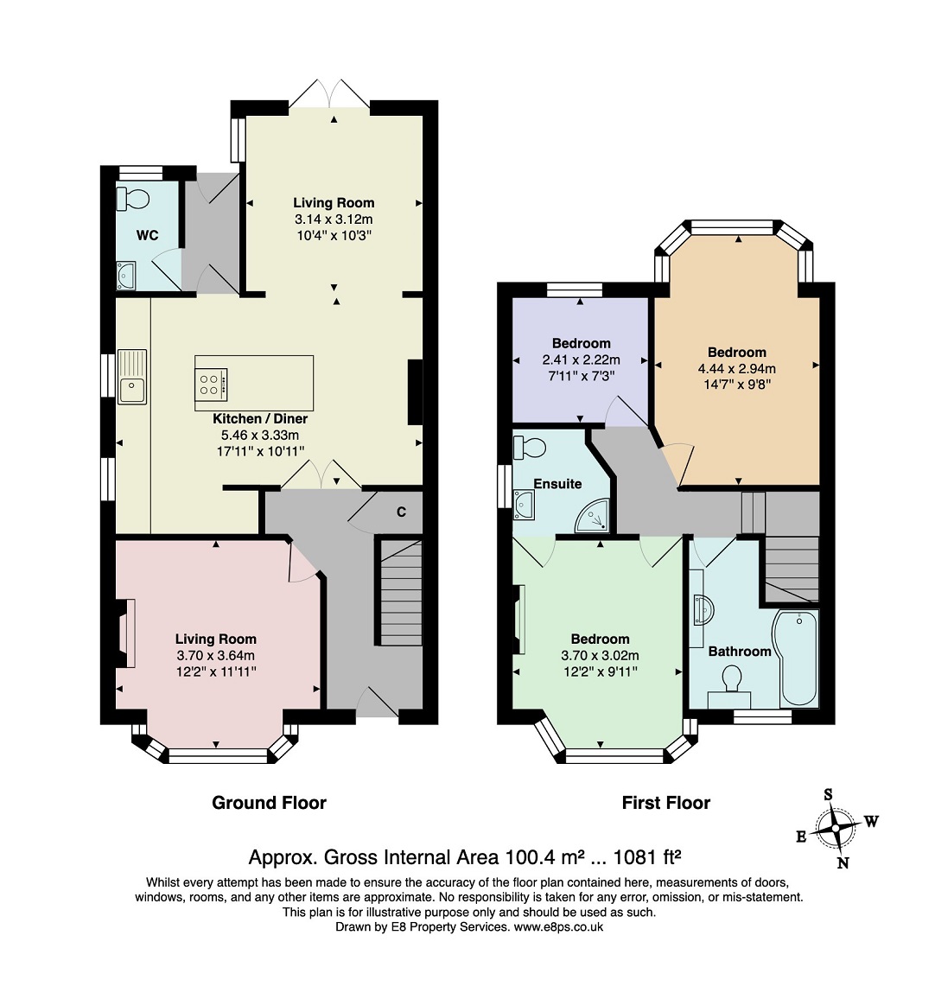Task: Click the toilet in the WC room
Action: pos(132,200)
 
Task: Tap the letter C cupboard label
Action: pos(401,512)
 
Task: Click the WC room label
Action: pos(147,236)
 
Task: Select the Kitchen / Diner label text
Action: pos(260,419)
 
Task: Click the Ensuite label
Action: pos(557,484)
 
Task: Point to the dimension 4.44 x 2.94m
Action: pos(737,368)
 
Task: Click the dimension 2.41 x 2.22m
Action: pos(581,360)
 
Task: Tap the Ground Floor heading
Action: pos(269,803)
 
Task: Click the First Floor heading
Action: pos(665,803)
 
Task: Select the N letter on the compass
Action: pos(843,863)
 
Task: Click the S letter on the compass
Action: pos(828,794)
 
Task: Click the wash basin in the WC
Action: pos(126,275)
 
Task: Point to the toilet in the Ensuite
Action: pos(529,447)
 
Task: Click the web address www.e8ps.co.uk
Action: pos(558,927)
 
